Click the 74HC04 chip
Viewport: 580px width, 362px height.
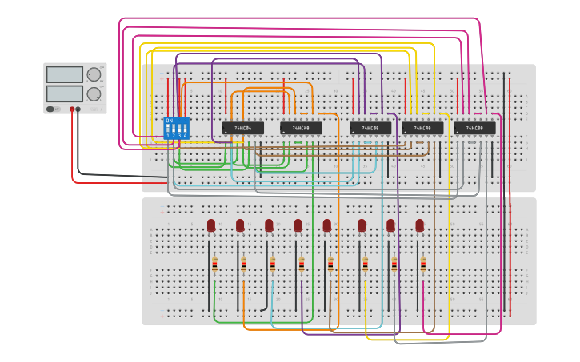point(242,128)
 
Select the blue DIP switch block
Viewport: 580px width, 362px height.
point(176,128)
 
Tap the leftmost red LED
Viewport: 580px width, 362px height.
point(211,225)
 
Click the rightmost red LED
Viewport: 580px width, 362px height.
point(419,225)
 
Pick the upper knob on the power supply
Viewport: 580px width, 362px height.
point(94,74)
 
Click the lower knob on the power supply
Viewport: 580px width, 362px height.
point(94,93)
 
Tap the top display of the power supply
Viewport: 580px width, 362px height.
point(64,74)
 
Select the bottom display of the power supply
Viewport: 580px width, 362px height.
point(64,93)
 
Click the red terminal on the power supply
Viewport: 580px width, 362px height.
point(72,109)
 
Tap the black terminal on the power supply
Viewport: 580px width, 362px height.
point(78,109)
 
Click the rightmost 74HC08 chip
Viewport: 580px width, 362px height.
point(474,128)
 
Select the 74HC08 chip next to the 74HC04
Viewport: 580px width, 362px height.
point(301,128)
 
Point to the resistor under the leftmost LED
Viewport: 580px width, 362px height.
point(214,265)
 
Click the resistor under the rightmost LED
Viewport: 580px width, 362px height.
point(422,265)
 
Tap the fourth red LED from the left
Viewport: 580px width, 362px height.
point(298,225)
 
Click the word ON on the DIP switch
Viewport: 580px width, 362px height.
point(169,121)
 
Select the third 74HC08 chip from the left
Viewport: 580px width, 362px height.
point(422,128)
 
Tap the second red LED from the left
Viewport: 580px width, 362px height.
point(240,225)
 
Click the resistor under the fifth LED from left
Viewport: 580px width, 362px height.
point(330,265)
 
